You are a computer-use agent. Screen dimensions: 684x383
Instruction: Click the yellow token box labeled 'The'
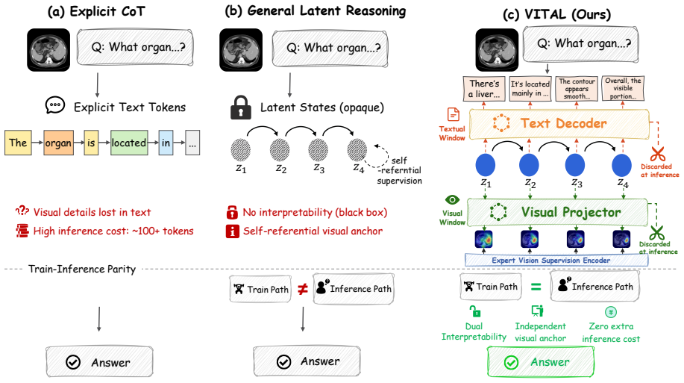pyautogui.click(x=18, y=143)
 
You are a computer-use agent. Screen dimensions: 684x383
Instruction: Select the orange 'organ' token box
pyautogui.click(x=58, y=143)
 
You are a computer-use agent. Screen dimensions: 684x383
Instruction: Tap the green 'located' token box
pyautogui.click(x=129, y=143)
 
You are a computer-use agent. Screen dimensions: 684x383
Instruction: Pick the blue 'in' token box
pyautogui.click(x=166, y=143)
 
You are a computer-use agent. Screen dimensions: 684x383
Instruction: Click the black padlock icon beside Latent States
pyautogui.click(x=240, y=108)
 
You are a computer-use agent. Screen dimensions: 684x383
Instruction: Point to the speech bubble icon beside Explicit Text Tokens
pyautogui.click(x=55, y=105)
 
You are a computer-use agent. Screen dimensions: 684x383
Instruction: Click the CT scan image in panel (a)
pyautogui.click(x=48, y=50)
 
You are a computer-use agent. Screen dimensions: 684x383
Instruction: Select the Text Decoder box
pyautogui.click(x=559, y=124)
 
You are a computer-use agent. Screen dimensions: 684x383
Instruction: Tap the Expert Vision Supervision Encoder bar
pyautogui.click(x=556, y=261)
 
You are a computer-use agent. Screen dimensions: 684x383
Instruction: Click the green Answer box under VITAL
pyautogui.click(x=541, y=362)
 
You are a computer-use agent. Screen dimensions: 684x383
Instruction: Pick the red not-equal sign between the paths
pyautogui.click(x=303, y=289)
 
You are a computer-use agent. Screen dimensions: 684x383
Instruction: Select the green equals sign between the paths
pyautogui.click(x=536, y=287)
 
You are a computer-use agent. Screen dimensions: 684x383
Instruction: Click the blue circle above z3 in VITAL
pyautogui.click(x=575, y=166)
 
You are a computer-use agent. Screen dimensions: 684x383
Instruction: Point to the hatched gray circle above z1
pyautogui.click(x=240, y=150)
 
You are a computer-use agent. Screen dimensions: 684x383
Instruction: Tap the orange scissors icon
pyautogui.click(x=657, y=154)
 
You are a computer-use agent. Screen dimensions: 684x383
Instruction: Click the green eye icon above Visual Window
pyautogui.click(x=452, y=200)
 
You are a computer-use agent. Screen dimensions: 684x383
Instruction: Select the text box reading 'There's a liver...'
pyautogui.click(x=484, y=89)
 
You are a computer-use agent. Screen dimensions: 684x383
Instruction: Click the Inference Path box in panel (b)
pyautogui.click(x=354, y=289)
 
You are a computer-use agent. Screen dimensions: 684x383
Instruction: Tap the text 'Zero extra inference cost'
pyautogui.click(x=611, y=332)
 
